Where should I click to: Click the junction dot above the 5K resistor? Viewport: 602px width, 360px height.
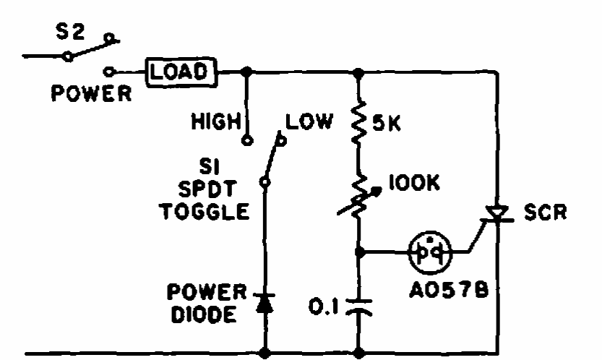click(359, 72)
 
